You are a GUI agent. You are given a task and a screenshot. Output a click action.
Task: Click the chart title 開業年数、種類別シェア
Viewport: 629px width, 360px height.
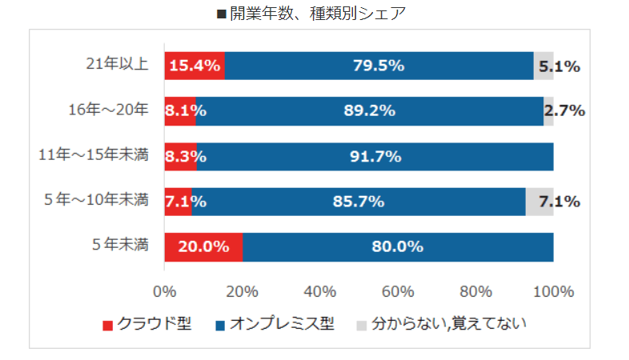(x=314, y=14)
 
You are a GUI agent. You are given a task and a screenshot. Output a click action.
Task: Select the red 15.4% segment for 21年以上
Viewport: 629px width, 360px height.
(x=194, y=66)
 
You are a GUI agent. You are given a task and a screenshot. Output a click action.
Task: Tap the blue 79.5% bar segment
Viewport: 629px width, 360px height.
(x=379, y=66)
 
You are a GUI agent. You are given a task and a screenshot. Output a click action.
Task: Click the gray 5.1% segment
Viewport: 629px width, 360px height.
(x=543, y=66)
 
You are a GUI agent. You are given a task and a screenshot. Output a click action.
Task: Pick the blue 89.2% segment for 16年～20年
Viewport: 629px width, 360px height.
(x=369, y=111)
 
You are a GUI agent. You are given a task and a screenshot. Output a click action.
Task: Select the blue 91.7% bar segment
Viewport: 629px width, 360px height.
(x=375, y=156)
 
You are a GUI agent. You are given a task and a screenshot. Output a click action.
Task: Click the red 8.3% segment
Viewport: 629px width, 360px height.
(x=180, y=156)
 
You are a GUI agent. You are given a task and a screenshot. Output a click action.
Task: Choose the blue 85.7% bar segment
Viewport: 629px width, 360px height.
(x=359, y=202)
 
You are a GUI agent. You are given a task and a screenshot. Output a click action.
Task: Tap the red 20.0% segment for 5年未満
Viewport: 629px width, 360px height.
(x=203, y=246)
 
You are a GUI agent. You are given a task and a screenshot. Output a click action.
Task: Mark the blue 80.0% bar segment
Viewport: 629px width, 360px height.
(x=397, y=246)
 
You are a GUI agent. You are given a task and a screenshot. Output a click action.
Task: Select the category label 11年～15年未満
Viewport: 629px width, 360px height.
(x=94, y=155)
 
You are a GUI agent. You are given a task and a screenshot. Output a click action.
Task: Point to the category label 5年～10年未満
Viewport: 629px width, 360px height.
(x=98, y=200)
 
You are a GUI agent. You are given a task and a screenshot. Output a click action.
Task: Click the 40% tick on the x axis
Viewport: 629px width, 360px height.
(x=320, y=291)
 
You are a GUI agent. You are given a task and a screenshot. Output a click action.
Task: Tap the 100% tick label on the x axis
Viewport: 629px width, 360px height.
(x=553, y=291)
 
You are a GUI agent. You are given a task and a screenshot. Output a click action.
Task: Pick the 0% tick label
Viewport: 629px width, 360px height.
(x=165, y=291)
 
